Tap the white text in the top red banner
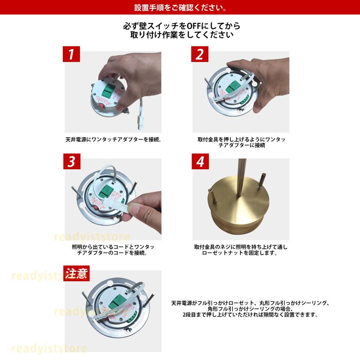[180, 8]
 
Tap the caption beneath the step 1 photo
[113, 140]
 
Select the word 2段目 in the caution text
[185, 314]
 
